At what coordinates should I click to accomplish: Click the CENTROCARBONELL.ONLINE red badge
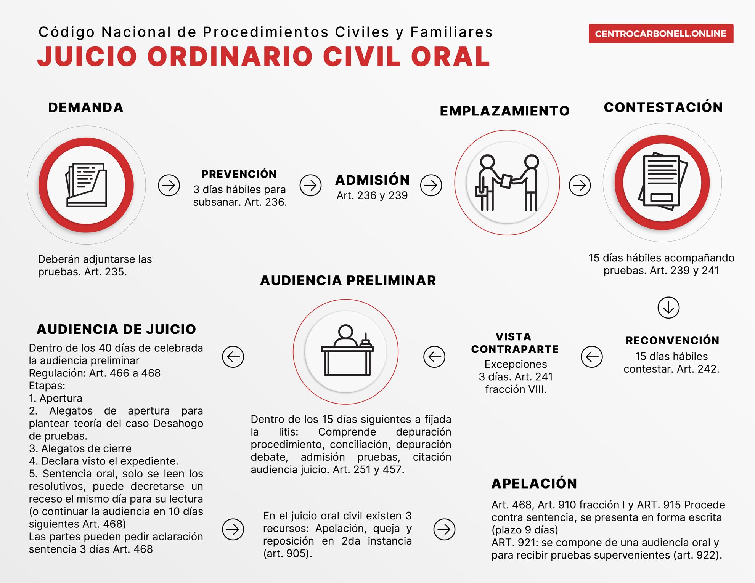(x=660, y=34)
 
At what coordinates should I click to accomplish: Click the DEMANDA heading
(x=86, y=107)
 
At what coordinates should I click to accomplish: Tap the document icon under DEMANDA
(x=86, y=185)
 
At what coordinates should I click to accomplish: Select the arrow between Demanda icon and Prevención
(x=169, y=185)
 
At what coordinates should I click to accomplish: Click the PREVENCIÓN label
(x=239, y=174)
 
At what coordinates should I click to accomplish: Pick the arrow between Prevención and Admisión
(x=310, y=185)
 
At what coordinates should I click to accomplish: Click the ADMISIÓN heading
(x=373, y=180)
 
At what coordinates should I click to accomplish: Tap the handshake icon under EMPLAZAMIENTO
(x=507, y=183)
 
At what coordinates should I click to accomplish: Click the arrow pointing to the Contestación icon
(x=580, y=185)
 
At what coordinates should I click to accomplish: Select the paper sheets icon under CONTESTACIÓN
(x=662, y=183)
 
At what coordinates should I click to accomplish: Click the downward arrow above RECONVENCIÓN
(x=668, y=307)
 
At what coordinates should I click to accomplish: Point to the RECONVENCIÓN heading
(x=672, y=340)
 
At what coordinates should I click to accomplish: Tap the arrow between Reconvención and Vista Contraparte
(x=591, y=357)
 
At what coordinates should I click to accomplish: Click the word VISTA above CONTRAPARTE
(x=513, y=336)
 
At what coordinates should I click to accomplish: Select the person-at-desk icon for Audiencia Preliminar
(x=346, y=351)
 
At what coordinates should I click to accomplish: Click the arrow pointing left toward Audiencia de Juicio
(x=233, y=357)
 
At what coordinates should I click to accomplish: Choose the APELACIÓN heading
(x=534, y=483)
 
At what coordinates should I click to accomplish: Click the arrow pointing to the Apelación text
(x=444, y=529)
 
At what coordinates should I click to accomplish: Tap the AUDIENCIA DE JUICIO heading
(x=116, y=329)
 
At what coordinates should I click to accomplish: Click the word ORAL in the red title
(x=450, y=57)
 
